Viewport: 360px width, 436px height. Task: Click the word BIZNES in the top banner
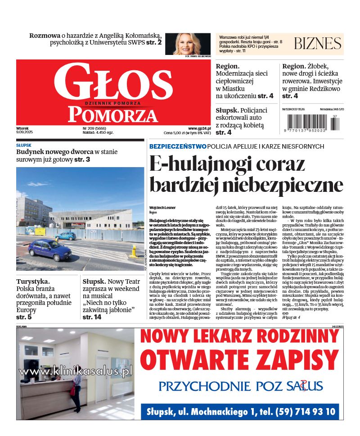click(317, 43)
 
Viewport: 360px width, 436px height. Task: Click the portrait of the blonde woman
click(191, 44)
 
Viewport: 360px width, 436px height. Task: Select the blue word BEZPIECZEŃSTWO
click(178, 146)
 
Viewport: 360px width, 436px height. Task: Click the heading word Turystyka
click(33, 281)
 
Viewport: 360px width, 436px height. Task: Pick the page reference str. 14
click(92, 317)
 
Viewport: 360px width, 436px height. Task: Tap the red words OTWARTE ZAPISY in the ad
click(239, 359)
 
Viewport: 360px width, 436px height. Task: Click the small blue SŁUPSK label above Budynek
click(24, 145)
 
